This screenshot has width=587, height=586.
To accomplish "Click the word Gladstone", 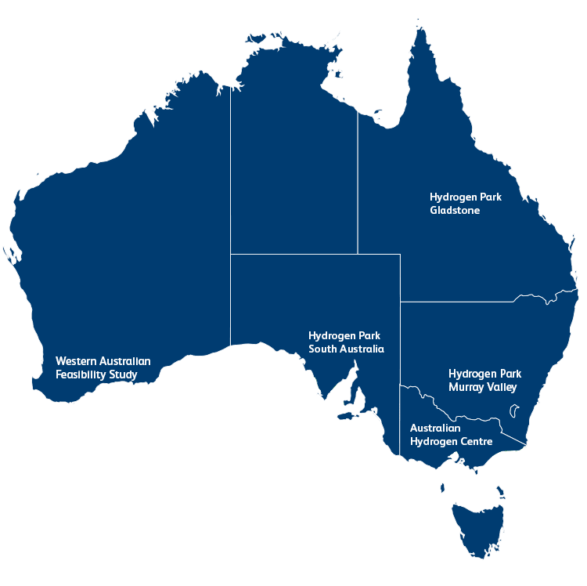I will (455, 211).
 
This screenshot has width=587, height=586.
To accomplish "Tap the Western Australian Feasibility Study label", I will (103, 368).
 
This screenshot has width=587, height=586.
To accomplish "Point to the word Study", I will (124, 375).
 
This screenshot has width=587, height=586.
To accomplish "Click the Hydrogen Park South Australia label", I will (346, 342).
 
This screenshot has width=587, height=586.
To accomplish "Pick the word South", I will (322, 349).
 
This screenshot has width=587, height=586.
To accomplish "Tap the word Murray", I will (466, 387).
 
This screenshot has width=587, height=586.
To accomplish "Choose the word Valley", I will (502, 387).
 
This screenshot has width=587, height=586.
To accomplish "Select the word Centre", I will (474, 442).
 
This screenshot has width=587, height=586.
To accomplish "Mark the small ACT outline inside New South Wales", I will (514, 410).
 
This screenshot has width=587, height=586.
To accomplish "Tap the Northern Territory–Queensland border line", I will (358, 188).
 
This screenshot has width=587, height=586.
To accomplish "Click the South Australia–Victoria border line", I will (400, 423).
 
